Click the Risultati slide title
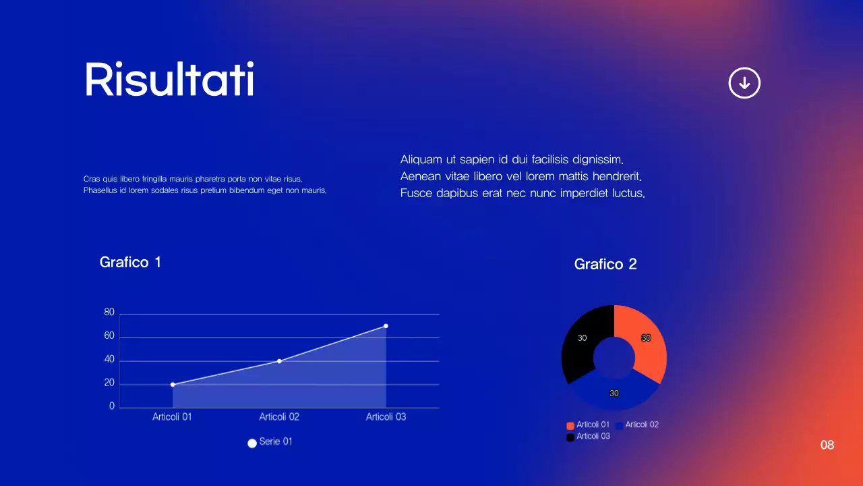[x=169, y=80]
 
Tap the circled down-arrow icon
[x=744, y=83]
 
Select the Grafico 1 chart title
[x=130, y=262]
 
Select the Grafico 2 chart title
[x=605, y=264]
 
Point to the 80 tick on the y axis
[x=109, y=313]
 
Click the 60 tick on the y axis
[x=109, y=336]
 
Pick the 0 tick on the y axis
[x=112, y=407]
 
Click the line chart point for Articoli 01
[x=173, y=385]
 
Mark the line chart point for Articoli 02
[x=279, y=361]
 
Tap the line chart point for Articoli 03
[x=386, y=326]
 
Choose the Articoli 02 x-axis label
[x=279, y=417]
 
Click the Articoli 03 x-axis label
[x=386, y=417]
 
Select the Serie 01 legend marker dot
[x=252, y=443]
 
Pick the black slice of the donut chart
[x=582, y=341]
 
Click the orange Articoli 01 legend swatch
[x=570, y=425]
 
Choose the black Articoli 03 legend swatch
[x=570, y=437]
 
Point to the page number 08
[x=827, y=445]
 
